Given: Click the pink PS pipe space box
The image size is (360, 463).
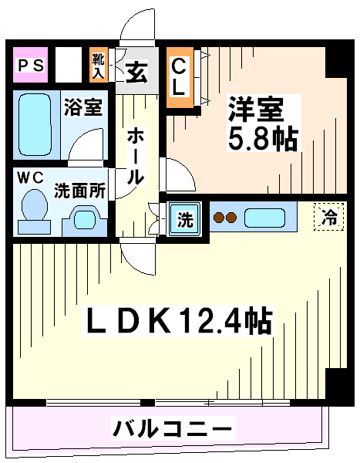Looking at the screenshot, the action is tap(30, 65).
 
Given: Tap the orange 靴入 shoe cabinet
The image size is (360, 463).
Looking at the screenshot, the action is tap(99, 65).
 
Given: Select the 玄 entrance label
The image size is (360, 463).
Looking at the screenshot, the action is tap(136, 73).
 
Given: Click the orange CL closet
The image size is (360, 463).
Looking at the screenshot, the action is tap(180, 78).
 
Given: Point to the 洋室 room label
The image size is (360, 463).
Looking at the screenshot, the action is tap(256, 109).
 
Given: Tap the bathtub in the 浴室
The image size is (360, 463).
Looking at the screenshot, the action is tap(35, 124).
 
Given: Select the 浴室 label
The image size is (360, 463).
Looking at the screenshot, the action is tap(83, 106).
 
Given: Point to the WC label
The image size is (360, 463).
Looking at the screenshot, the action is tap(30, 177).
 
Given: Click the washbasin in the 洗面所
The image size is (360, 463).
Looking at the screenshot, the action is tap(85, 220).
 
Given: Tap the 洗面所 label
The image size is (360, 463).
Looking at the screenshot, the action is tap(79, 191).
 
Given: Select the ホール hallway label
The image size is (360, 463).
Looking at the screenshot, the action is tap(136, 157).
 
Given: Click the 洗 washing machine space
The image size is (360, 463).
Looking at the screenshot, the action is tap(185, 219).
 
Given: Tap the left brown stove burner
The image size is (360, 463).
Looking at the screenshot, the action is tap(219, 218).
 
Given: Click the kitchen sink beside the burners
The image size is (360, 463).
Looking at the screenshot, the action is tap(264, 218).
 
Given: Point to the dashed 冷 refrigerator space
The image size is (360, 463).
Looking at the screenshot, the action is tap(328, 217).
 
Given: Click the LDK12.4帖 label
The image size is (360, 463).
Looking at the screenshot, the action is tap(179, 321).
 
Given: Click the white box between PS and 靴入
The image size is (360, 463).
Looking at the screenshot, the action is tap(69, 65).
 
